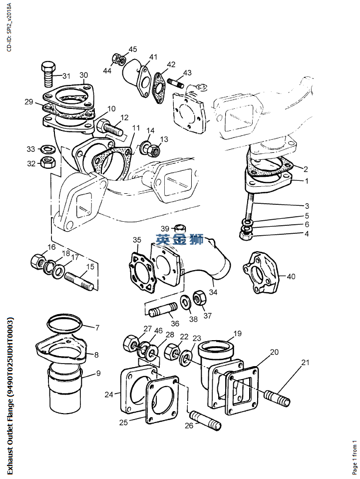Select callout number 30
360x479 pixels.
pyautogui.click(x=83, y=75)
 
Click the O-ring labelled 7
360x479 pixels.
pyautogui.click(x=65, y=323)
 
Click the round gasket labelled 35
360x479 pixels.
pyautogui.click(x=143, y=274)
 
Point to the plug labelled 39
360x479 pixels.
pyautogui.click(x=178, y=231)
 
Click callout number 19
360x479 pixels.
pyautogui.click(x=237, y=333)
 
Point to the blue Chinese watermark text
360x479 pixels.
pyautogui.click(x=180, y=239)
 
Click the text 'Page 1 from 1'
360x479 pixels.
pyautogui.click(x=355, y=457)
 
